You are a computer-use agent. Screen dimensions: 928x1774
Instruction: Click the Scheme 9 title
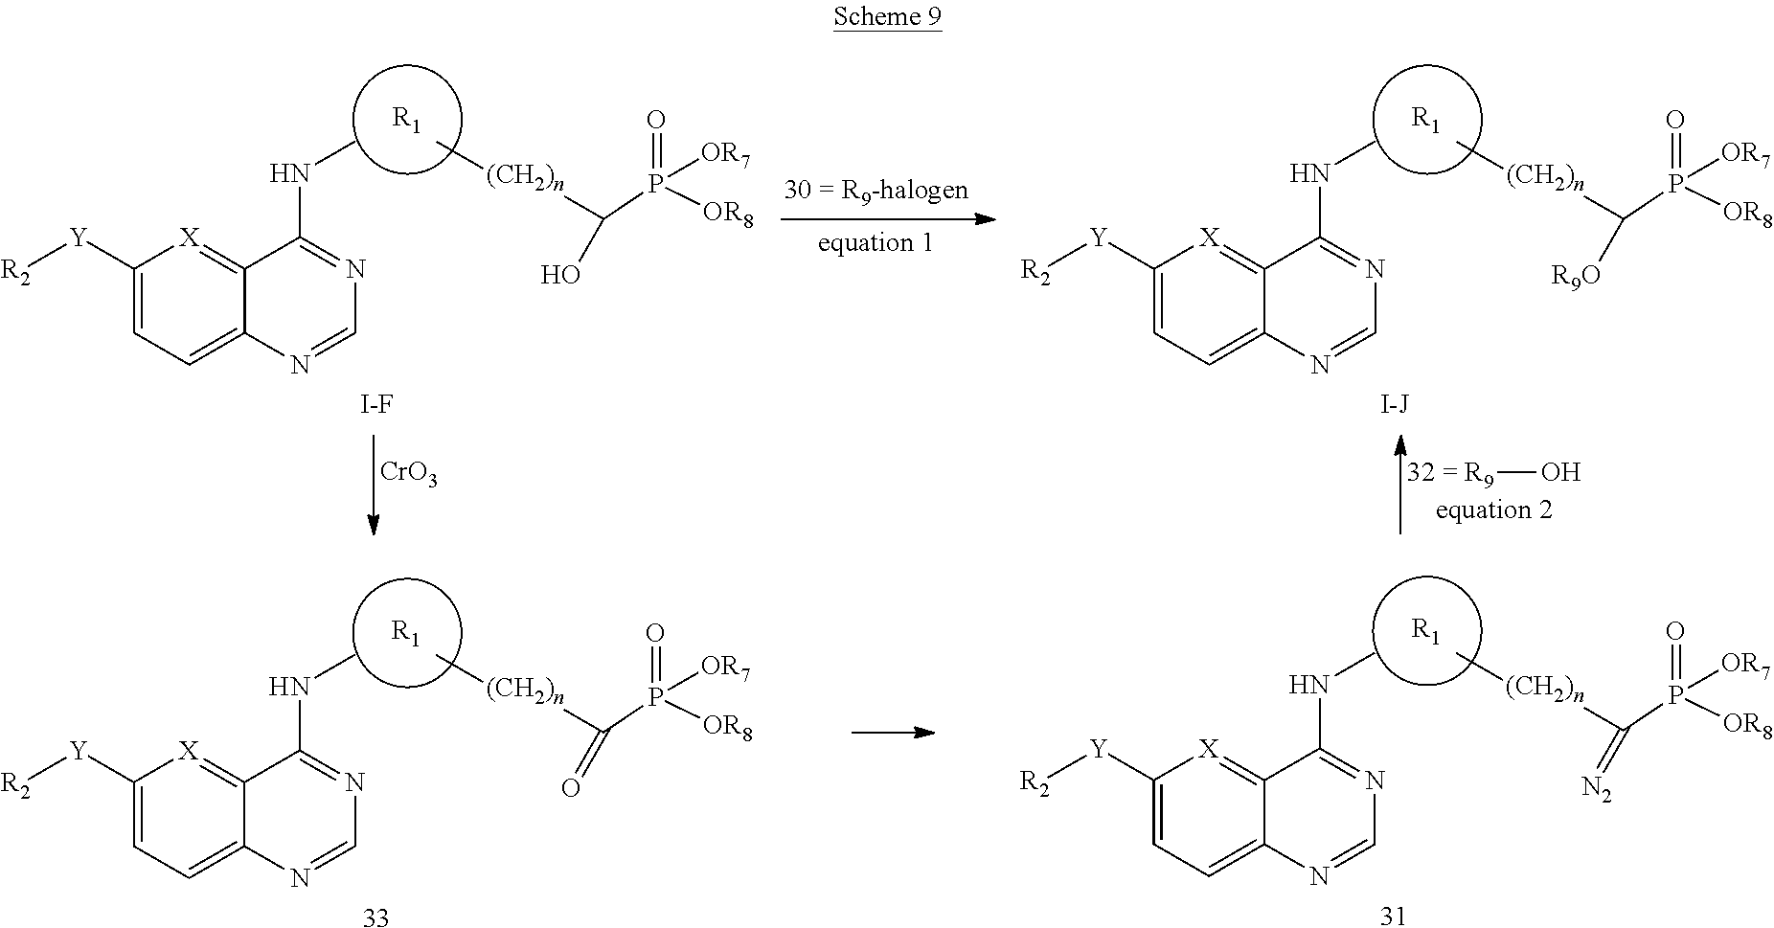point(887,17)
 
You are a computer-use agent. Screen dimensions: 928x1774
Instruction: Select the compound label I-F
point(375,406)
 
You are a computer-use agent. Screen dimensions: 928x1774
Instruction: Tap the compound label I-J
point(1394,406)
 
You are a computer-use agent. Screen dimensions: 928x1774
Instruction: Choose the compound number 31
point(1394,917)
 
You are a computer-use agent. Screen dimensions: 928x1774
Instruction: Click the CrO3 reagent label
point(409,473)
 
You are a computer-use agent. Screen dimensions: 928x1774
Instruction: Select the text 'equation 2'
point(1493,510)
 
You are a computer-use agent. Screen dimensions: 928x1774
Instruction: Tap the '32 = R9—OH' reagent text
point(1493,473)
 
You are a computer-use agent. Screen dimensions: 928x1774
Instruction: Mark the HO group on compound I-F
point(559,276)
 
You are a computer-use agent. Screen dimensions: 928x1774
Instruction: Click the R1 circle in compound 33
point(407,632)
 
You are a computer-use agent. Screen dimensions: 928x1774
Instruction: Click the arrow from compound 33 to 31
point(893,733)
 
